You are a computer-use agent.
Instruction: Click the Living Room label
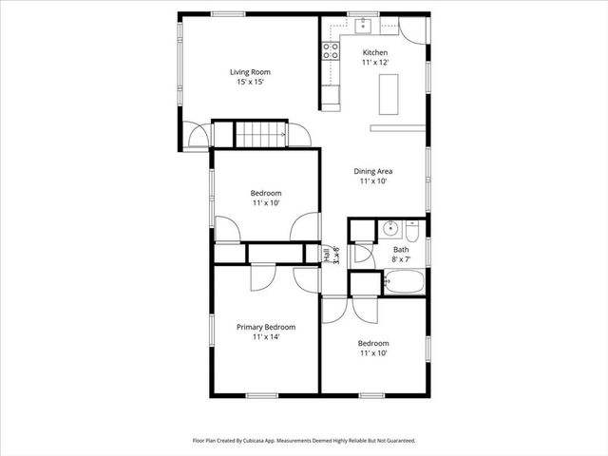tap(250, 71)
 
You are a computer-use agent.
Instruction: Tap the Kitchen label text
tap(375, 52)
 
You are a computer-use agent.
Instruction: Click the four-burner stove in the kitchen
tap(331, 50)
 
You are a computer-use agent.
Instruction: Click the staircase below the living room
tap(259, 135)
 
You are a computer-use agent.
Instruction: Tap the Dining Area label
tap(373, 171)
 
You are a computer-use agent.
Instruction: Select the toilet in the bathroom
tap(413, 230)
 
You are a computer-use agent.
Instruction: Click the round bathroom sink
tap(389, 229)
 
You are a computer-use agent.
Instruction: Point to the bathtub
tap(404, 282)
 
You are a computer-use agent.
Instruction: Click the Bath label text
tap(401, 251)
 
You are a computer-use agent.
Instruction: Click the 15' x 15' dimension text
tap(250, 82)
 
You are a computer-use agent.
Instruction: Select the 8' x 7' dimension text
tap(401, 260)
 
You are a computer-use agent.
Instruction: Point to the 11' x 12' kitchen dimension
tap(375, 63)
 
